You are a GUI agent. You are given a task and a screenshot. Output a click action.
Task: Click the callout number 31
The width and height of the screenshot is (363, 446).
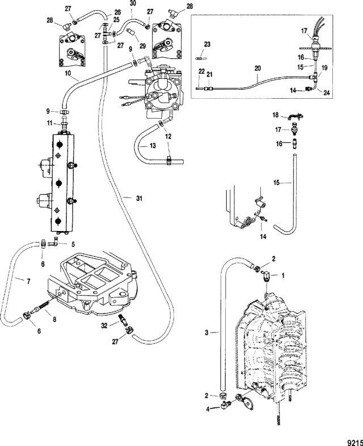(139, 198)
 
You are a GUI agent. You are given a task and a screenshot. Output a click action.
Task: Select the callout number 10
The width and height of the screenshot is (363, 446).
(67, 73)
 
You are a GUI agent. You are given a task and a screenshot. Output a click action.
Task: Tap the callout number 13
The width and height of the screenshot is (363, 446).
(153, 146)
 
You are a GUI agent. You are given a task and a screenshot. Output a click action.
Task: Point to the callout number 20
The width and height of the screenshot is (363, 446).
(258, 69)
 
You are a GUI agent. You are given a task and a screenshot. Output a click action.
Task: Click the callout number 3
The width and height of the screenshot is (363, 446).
(207, 332)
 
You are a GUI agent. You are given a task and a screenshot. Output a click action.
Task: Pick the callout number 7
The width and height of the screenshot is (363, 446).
(28, 281)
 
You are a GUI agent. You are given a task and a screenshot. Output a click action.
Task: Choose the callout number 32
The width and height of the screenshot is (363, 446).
(104, 325)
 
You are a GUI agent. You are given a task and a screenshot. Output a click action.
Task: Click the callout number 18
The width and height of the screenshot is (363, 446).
(276, 115)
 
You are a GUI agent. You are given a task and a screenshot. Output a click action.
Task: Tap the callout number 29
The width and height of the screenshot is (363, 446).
(142, 46)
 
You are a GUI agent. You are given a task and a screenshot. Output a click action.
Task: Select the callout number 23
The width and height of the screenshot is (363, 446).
(207, 44)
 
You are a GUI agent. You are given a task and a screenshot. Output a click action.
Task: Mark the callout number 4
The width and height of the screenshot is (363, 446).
(208, 409)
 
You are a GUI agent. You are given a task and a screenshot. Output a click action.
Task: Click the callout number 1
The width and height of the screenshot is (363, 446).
(282, 275)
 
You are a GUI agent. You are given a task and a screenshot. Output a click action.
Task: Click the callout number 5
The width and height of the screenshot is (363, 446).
(73, 244)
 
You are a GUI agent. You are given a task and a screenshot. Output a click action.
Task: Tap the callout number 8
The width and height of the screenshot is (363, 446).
(54, 319)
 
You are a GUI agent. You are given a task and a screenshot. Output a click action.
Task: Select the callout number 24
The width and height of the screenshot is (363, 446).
(327, 92)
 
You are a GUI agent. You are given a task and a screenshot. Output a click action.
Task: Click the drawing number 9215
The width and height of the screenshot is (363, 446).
(355, 443)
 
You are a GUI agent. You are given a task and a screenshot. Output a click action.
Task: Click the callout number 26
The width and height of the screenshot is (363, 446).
(117, 12)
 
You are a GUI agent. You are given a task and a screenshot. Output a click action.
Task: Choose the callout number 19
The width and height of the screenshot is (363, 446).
(324, 68)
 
